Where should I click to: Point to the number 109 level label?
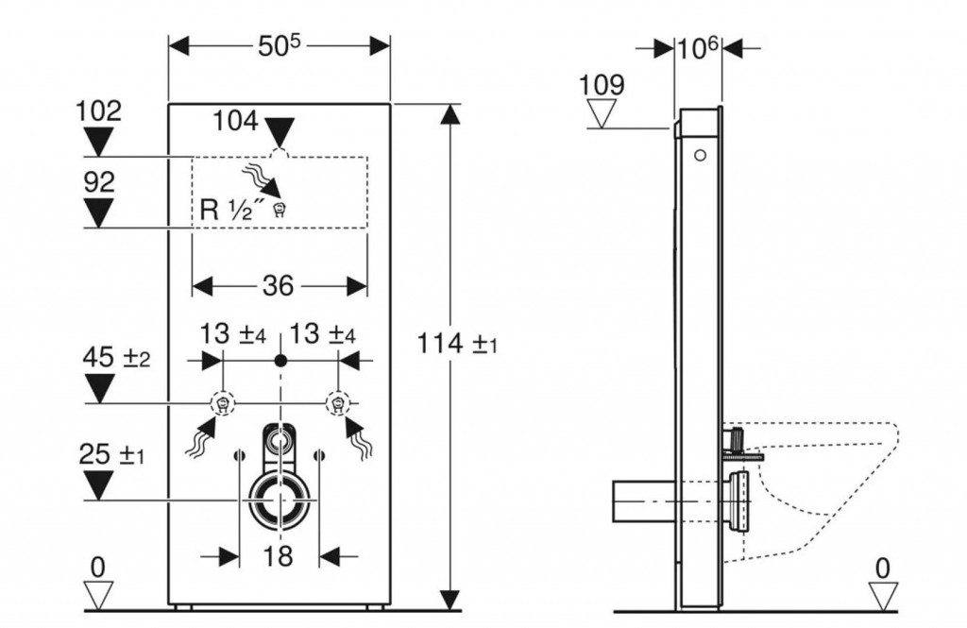click(x=602, y=85)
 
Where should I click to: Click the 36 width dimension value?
click(x=278, y=285)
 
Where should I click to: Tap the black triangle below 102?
click(x=98, y=143)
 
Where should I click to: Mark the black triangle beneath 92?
click(x=98, y=214)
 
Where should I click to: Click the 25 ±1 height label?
click(x=112, y=455)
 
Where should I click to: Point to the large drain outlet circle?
click(x=278, y=498)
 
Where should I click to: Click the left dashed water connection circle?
click(x=222, y=403)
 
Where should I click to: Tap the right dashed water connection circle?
click(x=337, y=403)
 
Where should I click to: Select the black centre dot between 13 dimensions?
click(x=279, y=360)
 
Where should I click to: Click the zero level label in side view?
click(x=883, y=567)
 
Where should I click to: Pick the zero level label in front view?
click(x=98, y=567)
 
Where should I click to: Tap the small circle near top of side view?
click(x=700, y=155)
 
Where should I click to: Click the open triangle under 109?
click(x=602, y=114)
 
